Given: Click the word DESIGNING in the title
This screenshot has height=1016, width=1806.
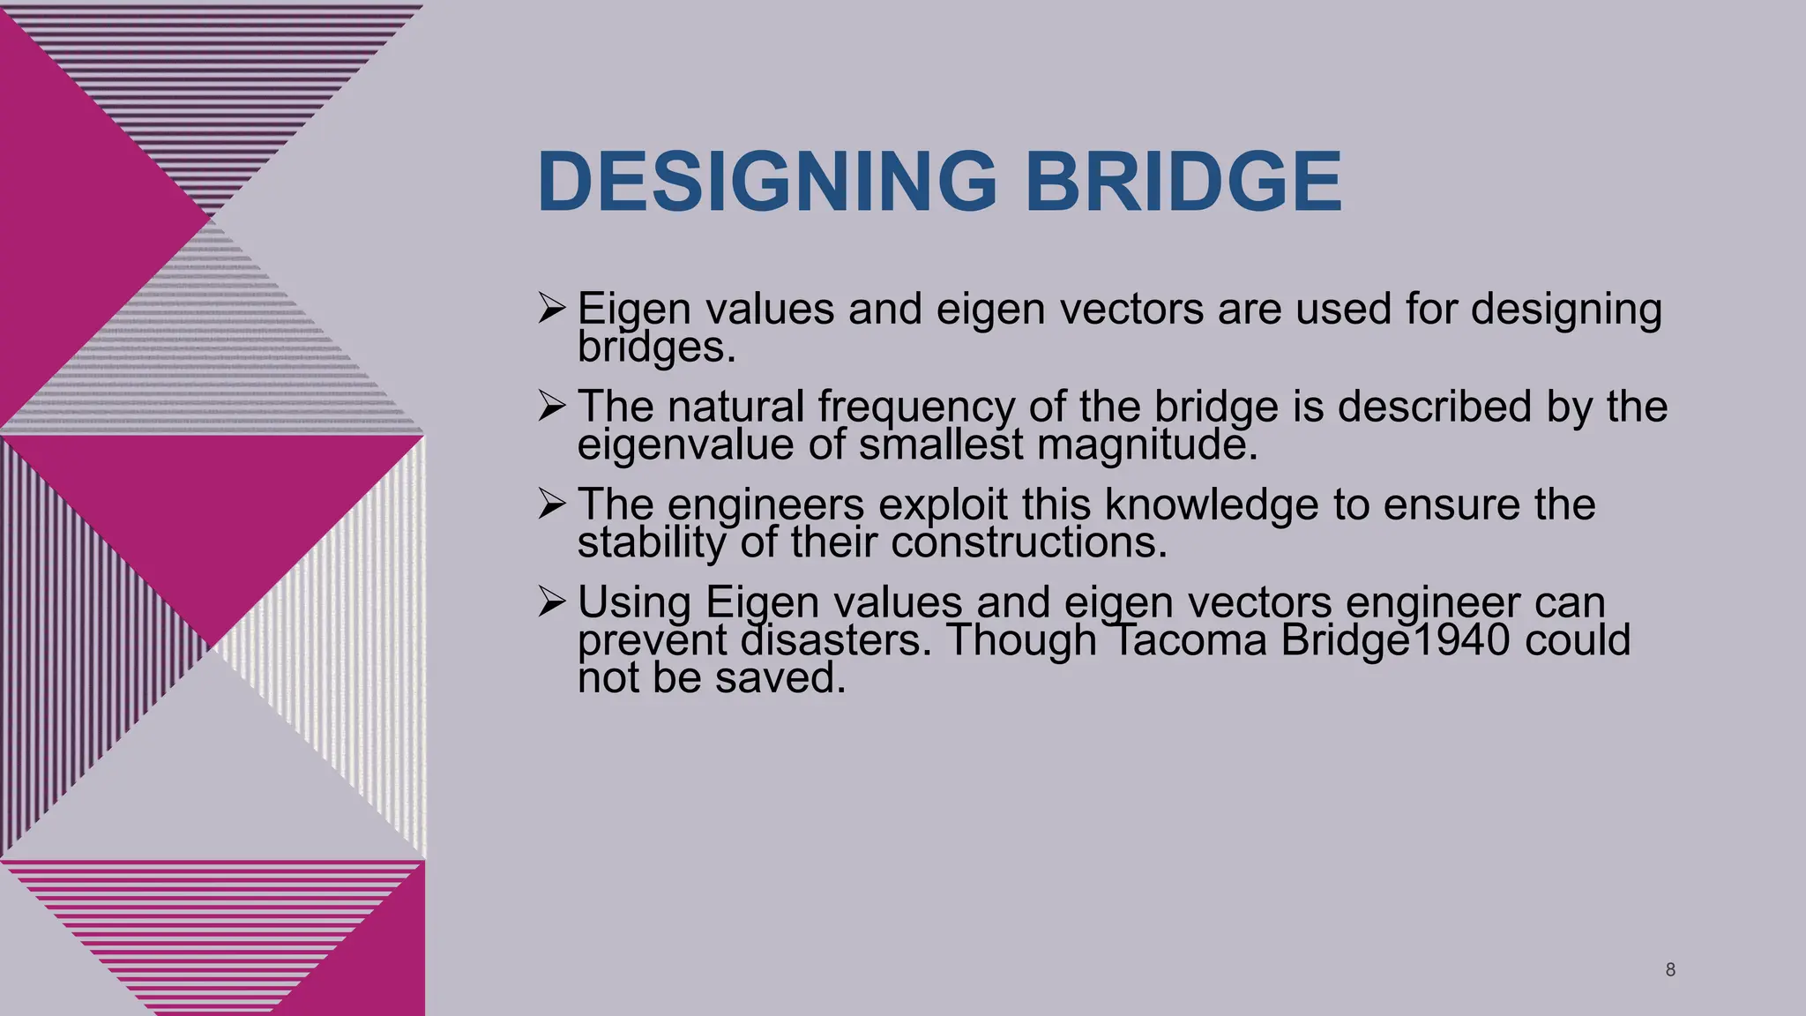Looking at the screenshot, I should pos(766,182).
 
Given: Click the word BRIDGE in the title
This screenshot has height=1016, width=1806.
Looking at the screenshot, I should pos(1183,182).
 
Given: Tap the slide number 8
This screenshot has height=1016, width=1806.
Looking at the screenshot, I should pos(1670,970).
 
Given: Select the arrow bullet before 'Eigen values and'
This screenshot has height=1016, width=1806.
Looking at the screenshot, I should pos(552,309).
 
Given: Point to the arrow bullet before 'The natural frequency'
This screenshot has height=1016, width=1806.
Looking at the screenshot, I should pos(552,407).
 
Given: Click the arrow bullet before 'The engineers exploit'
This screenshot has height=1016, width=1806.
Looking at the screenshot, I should pos(552,504).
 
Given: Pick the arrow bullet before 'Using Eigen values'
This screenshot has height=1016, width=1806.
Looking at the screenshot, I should pos(552,602).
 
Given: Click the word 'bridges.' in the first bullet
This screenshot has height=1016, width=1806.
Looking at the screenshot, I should pos(656,347).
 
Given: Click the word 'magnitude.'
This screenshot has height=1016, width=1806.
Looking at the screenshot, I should pos(1146,444).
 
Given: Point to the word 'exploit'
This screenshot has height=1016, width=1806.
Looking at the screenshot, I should pos(943,505).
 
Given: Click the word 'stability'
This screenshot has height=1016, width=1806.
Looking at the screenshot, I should pos(651,542).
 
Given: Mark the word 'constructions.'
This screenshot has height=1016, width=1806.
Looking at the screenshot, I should pos(1029,542).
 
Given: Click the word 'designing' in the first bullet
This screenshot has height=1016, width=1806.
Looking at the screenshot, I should pos(1566,310).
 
